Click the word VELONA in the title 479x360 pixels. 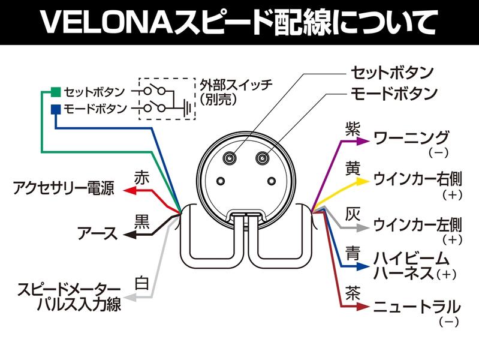[107, 23]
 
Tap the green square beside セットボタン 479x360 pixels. [56, 92]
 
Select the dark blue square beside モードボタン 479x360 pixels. [56, 109]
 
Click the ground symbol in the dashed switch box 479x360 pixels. [187, 108]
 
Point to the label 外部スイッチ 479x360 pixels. [236, 84]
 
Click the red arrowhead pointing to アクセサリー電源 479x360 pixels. [129, 191]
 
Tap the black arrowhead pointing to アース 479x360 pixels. [129, 235]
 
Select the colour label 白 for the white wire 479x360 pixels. [142, 283]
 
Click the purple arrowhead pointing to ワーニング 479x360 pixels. [363, 142]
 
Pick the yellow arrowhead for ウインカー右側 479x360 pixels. [363, 181]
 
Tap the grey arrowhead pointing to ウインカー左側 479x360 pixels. [363, 228]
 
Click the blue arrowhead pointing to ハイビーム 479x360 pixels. [363, 266]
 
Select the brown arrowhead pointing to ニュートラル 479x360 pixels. [363, 307]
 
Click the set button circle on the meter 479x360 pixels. [230, 158]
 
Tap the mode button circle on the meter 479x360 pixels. [262, 158]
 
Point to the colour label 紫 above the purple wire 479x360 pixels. [353, 129]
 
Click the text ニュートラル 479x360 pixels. [417, 307]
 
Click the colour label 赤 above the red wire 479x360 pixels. [141, 178]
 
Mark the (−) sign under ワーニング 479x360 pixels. [439, 152]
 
